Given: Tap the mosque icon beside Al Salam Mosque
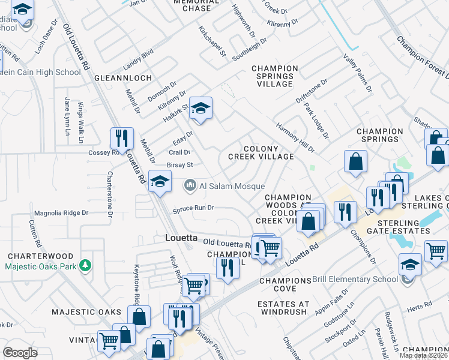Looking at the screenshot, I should pos(190,186).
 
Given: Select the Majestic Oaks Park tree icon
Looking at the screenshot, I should pos(86,265).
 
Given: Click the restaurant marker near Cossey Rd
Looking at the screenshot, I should pos(122,138).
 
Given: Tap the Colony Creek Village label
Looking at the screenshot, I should pos(261,152).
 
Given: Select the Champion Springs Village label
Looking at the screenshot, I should pos(275,76).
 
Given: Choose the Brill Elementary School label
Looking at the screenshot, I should pos(355,279).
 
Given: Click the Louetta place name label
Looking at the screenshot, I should pos(181,238).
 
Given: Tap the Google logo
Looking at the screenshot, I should pos(20,352).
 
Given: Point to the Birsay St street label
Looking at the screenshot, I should pos(179,164).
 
